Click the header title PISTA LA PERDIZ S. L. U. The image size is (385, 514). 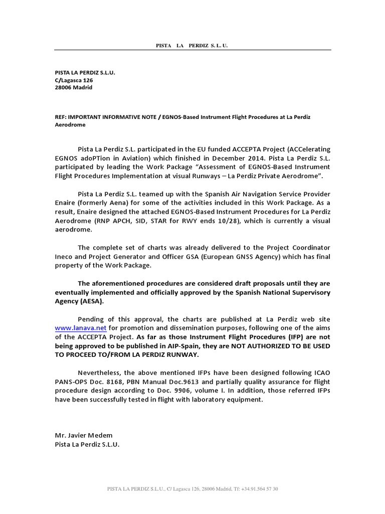tap(192, 46)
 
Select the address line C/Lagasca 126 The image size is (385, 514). tap(74, 80)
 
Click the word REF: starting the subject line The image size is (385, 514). tap(61, 117)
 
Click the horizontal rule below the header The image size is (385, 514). tap(192, 50)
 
